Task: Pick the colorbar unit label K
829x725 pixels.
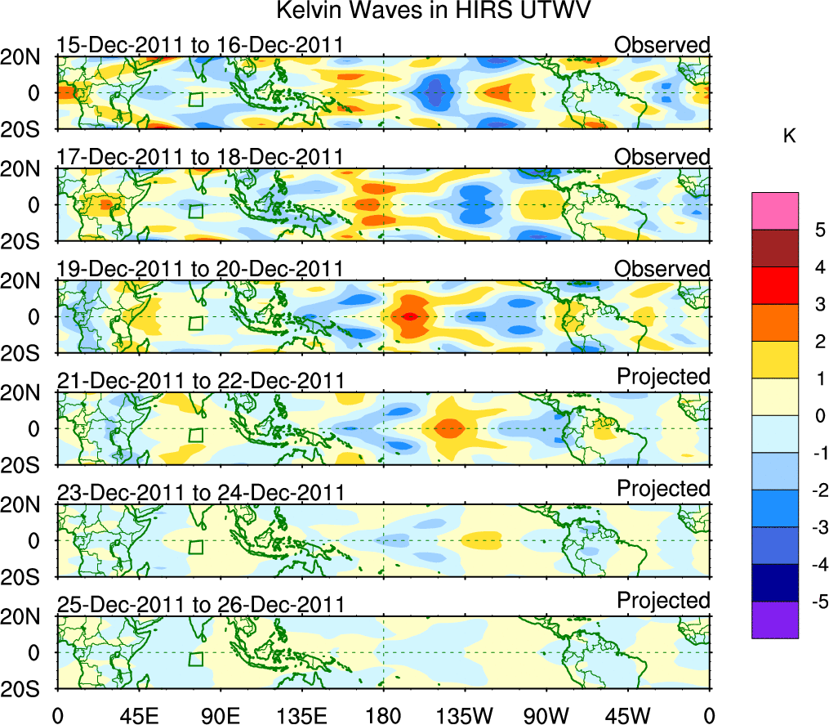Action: click(789, 136)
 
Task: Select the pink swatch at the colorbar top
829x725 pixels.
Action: click(774, 211)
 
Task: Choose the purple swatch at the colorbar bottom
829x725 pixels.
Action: click(774, 620)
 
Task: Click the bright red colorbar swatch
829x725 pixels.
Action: click(774, 286)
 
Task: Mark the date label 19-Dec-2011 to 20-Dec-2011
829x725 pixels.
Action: click(199, 269)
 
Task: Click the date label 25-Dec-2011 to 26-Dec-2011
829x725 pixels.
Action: click(199, 605)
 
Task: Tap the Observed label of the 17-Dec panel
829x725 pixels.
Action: click(662, 156)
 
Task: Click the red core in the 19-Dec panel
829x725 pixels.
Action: click(411, 316)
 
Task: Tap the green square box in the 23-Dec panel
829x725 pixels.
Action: click(195, 548)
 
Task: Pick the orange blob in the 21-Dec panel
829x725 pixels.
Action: click(448, 427)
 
